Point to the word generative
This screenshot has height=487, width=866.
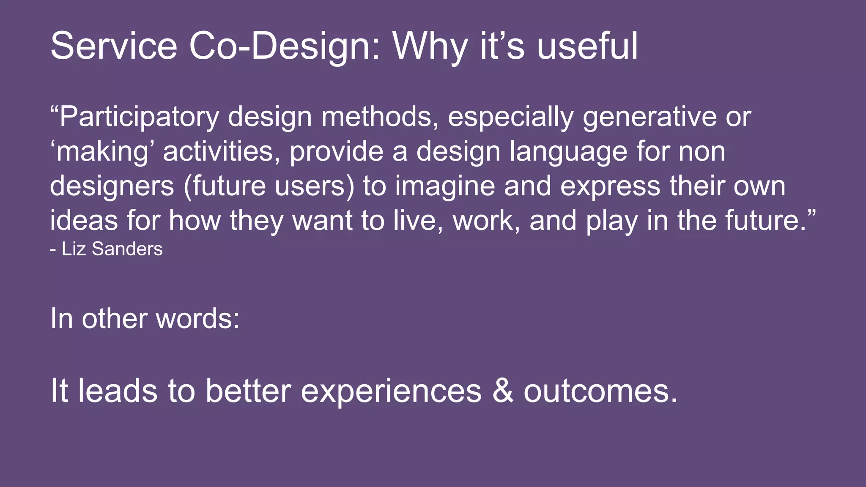(649, 117)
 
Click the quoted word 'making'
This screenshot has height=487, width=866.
(102, 151)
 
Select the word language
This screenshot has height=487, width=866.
(568, 151)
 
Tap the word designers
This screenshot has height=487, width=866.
(112, 186)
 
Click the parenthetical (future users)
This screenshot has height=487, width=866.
(269, 186)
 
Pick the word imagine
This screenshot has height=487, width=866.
(445, 186)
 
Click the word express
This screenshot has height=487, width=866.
(610, 186)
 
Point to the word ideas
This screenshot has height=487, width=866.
(84, 220)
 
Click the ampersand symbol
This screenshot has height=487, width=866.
(503, 390)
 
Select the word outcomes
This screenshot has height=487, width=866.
(600, 390)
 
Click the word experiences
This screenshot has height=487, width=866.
(391, 390)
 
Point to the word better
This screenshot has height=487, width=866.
(248, 390)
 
